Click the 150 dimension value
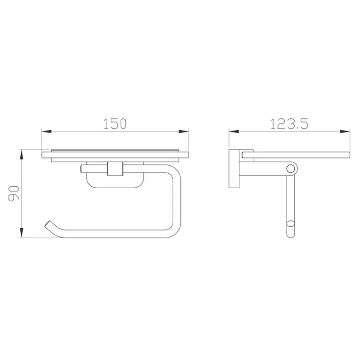point(115,124)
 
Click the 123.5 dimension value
point(289,124)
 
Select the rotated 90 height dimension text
point(14,194)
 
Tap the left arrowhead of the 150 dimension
point(46,131)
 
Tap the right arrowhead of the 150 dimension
point(184,131)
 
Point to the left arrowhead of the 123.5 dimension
point(234,131)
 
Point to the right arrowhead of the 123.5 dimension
point(345,131)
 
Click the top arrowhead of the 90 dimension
point(22,155)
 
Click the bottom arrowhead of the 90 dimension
point(22,233)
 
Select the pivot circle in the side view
point(291,169)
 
